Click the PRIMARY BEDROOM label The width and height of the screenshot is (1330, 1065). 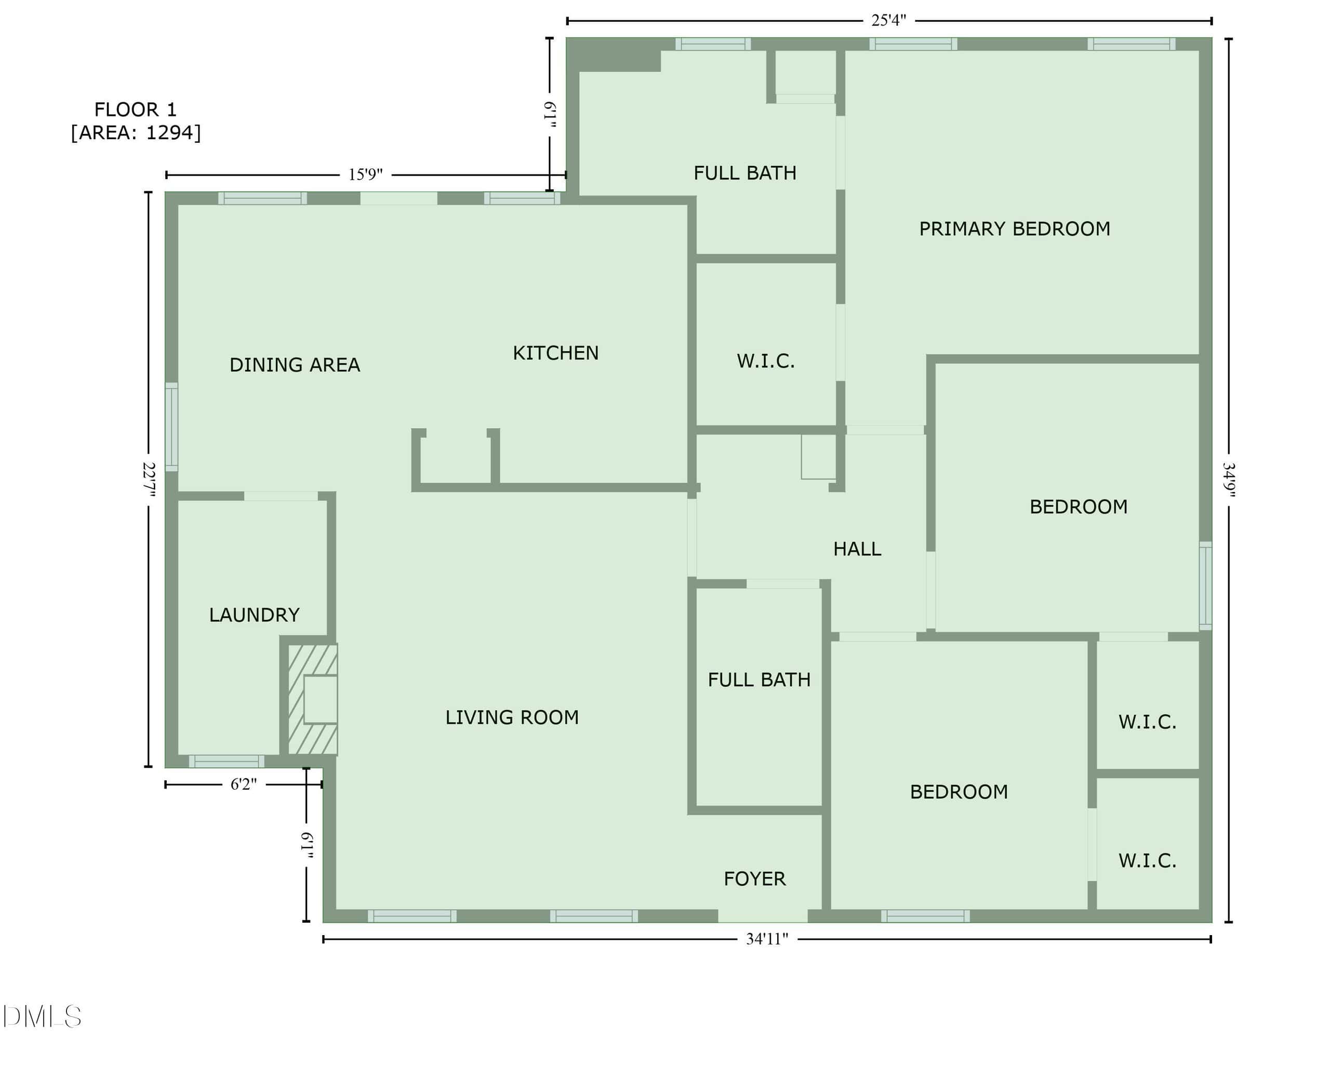(x=1014, y=229)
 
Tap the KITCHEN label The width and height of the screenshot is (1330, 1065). (x=556, y=353)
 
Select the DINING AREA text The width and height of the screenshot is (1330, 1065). (x=295, y=365)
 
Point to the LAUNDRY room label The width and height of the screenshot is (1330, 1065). (x=254, y=615)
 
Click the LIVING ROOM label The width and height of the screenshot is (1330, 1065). (x=512, y=717)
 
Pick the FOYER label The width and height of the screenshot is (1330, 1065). (x=755, y=878)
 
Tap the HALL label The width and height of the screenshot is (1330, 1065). (x=857, y=549)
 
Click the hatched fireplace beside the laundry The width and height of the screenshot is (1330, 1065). (x=313, y=699)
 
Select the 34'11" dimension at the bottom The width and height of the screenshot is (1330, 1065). (x=767, y=939)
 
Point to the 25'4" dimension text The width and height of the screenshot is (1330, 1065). (x=889, y=20)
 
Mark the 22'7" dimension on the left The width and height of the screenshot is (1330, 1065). (x=148, y=480)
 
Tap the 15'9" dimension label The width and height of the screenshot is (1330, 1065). (x=365, y=175)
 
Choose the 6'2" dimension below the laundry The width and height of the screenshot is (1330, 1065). (x=244, y=784)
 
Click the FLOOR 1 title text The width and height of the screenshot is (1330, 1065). (x=136, y=110)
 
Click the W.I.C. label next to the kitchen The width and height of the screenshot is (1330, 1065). (x=766, y=361)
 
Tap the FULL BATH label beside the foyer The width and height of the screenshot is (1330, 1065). (x=760, y=680)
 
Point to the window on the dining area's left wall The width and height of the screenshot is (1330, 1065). (x=171, y=427)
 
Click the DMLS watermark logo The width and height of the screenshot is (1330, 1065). (x=42, y=1017)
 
